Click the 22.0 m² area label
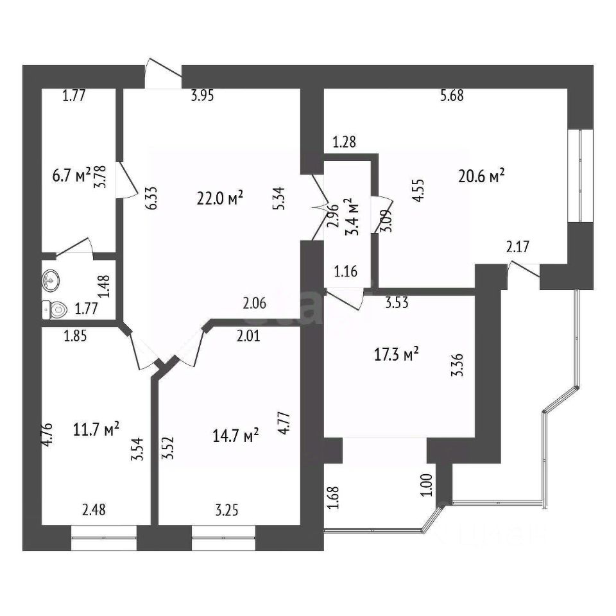coord(220,199)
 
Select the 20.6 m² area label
coord(482,175)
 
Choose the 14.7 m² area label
coord(235,436)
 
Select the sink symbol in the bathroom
coord(51,280)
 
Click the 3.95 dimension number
coord(202,96)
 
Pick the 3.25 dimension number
coord(227,511)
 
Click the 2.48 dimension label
coord(94,511)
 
